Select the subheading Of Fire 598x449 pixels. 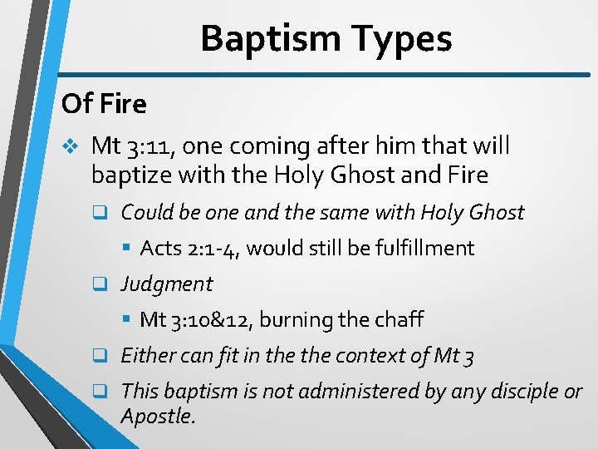[104, 104]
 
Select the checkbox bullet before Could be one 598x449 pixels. [99, 213]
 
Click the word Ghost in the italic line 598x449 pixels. [496, 213]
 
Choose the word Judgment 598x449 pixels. [167, 284]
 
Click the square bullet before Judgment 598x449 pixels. [99, 284]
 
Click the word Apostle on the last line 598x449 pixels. [157, 416]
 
